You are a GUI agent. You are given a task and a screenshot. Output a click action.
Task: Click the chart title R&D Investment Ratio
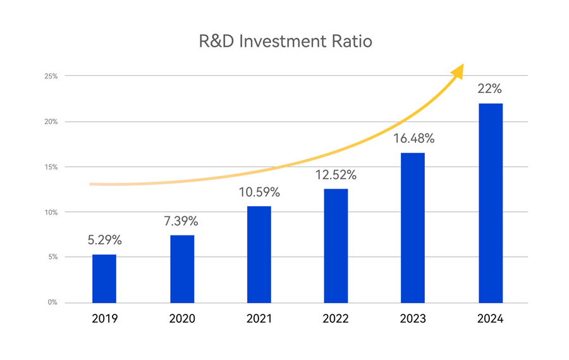(x=285, y=42)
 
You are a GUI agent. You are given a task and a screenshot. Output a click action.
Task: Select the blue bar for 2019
(x=104, y=278)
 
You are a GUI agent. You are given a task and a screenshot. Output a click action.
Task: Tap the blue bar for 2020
(x=182, y=269)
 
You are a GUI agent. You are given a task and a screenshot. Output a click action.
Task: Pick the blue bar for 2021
(x=259, y=254)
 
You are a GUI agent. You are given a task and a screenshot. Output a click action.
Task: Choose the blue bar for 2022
(x=336, y=245)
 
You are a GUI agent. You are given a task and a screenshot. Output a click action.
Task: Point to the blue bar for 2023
(x=413, y=228)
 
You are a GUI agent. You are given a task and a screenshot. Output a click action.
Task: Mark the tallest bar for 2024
(x=491, y=202)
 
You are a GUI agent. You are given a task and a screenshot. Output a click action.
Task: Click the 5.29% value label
(x=104, y=240)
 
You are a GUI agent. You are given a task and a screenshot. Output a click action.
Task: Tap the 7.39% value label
(x=181, y=221)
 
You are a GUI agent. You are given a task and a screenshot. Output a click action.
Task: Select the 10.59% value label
(x=259, y=192)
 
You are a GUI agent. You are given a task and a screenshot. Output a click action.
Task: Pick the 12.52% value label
(x=336, y=175)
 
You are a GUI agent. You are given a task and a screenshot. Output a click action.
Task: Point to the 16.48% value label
(x=413, y=139)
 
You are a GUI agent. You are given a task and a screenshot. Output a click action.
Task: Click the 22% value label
(x=491, y=89)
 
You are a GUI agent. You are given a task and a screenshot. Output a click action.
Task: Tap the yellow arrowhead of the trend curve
(x=457, y=70)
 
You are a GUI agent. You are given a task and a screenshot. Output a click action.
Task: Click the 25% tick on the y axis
(x=51, y=76)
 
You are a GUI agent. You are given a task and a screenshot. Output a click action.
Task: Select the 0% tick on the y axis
(x=52, y=302)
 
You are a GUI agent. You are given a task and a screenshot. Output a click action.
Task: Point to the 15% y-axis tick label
(x=51, y=167)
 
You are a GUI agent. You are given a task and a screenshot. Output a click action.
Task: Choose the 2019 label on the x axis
(x=104, y=319)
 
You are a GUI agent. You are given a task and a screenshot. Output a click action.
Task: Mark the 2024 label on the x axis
(x=491, y=319)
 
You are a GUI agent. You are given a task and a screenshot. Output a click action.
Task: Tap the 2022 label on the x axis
(x=336, y=319)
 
